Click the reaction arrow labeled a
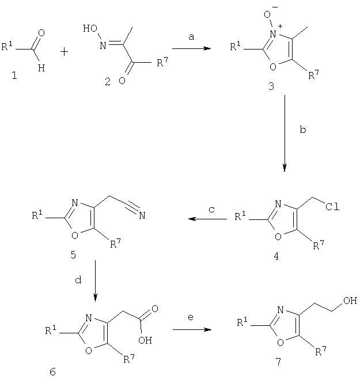click(191, 48)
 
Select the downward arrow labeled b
click(285, 133)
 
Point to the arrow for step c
click(208, 219)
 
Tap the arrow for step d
click(95, 280)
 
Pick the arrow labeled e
click(192, 329)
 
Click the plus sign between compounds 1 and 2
click(65, 52)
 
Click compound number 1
click(14, 75)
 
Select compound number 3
click(271, 86)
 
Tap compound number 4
click(276, 256)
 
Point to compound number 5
click(73, 254)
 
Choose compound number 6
click(52, 371)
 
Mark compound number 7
click(278, 362)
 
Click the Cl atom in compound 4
click(332, 207)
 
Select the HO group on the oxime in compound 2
click(90, 29)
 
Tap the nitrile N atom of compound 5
click(142, 215)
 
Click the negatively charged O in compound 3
click(267, 14)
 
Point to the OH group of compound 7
click(350, 301)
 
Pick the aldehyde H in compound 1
click(41, 68)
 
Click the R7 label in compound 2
click(162, 62)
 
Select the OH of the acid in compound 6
click(145, 340)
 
